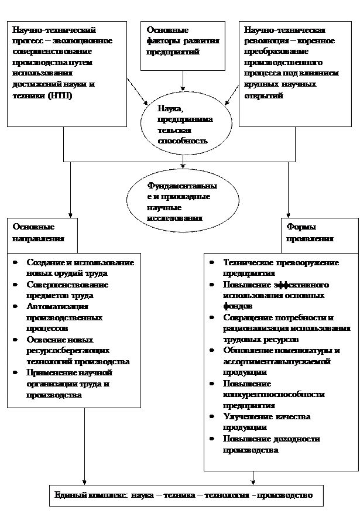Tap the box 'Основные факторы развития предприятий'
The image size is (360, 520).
pos(183,46)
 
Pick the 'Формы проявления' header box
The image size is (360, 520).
pos(320,234)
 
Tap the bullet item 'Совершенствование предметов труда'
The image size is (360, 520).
pos(67,290)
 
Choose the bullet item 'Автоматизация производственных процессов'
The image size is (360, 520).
pos(64,317)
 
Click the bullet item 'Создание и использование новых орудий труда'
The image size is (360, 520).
pos(80,268)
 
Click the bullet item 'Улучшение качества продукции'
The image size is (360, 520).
pos(266,422)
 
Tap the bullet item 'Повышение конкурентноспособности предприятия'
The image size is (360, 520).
pos(273,394)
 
